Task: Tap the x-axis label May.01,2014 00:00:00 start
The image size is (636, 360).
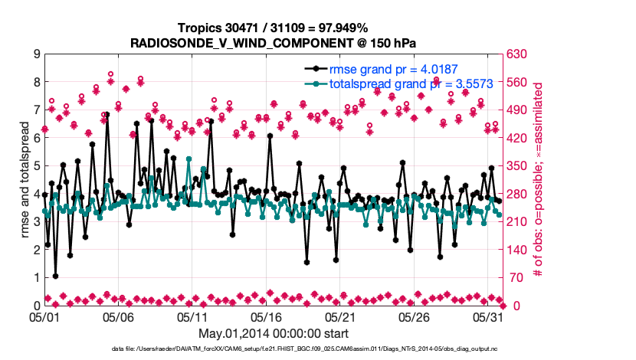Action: [x=274, y=333]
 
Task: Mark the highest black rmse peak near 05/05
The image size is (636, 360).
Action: [x=107, y=114]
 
